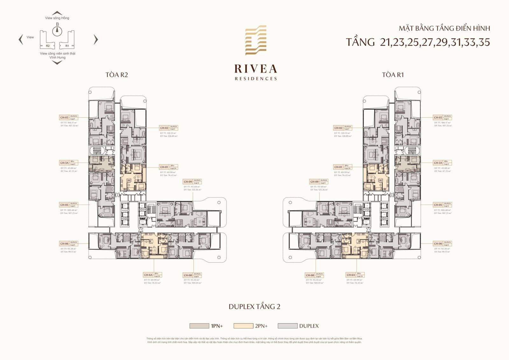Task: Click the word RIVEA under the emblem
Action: point(256,69)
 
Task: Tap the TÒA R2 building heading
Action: point(117,75)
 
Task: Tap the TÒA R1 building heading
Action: point(393,75)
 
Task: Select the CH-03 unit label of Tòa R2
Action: point(64,117)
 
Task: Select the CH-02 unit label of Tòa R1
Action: point(338,128)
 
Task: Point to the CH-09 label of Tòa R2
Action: point(188,182)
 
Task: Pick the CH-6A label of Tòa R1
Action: point(351,275)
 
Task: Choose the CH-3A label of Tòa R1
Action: point(438,163)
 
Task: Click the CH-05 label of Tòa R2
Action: point(64,205)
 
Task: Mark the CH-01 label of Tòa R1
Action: point(338,167)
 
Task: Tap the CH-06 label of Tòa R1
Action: point(438,244)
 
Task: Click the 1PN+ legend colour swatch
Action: point(199,326)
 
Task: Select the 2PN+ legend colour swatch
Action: point(243,326)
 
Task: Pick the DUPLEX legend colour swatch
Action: point(288,326)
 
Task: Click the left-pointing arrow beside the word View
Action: point(21,39)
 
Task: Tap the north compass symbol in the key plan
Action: point(57,30)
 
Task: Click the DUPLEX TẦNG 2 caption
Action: point(254,307)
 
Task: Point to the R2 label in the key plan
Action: point(48,46)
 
